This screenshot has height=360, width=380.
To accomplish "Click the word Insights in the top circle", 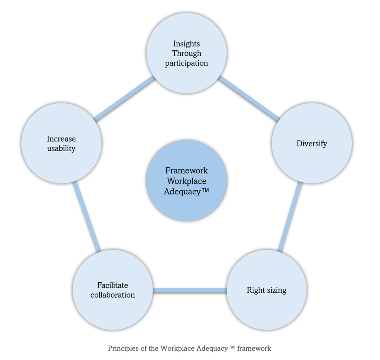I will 187,44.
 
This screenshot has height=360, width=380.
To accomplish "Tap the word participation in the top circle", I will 187,63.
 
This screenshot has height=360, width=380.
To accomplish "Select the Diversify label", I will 312,143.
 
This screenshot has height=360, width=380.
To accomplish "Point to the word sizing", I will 276,290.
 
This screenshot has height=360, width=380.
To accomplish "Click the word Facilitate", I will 112,285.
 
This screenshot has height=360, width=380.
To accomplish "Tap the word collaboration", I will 112,295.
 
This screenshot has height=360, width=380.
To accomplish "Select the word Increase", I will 61,139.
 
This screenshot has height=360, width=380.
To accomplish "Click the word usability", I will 61,149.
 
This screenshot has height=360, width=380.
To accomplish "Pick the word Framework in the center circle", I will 187,171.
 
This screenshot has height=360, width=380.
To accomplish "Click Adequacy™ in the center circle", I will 187,192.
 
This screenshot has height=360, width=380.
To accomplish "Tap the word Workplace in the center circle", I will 187,181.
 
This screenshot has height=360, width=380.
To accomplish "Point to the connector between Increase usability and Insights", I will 124,98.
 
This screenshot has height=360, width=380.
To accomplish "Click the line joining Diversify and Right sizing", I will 290,217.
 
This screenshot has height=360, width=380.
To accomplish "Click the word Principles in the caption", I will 121,348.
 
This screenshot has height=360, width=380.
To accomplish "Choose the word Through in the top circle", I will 187,53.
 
